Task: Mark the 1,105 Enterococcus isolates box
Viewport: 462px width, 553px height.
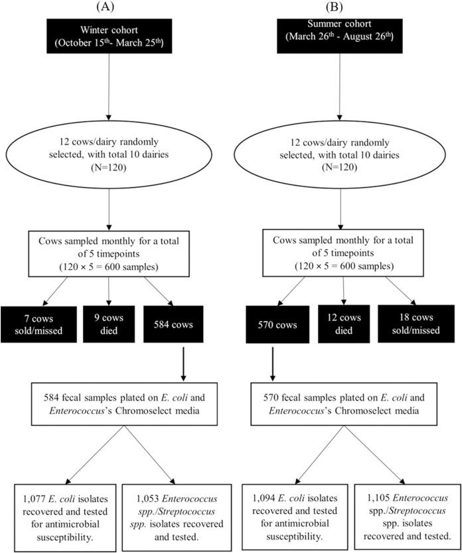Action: pos(407,508)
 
